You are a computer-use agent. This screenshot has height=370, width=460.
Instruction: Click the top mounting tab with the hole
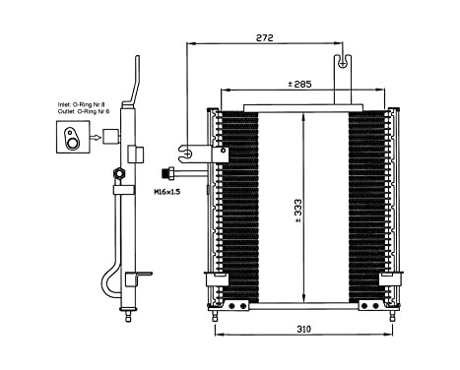click(344, 63)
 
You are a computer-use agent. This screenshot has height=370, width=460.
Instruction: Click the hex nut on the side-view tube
click(119, 175)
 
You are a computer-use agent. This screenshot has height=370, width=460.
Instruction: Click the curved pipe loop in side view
click(109, 276)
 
